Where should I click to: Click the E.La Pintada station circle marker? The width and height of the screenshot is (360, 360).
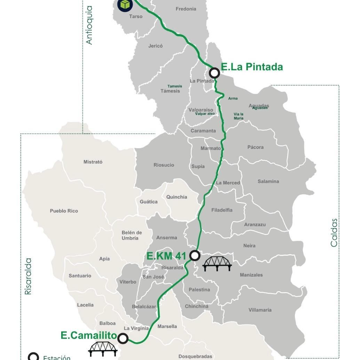[x=215, y=73]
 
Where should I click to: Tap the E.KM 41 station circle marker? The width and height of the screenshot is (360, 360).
[x=195, y=256]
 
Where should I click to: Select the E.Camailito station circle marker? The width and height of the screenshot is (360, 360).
[x=122, y=338]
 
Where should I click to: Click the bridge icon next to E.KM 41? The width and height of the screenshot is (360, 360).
[x=217, y=264]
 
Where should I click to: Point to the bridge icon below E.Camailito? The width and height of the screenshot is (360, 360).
[x=103, y=349]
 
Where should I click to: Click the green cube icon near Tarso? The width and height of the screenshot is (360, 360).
[x=125, y=4]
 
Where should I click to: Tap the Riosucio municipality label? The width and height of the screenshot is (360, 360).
[x=164, y=165]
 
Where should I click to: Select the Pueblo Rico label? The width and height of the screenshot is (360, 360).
[x=64, y=211]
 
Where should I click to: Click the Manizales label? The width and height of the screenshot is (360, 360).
[x=251, y=275]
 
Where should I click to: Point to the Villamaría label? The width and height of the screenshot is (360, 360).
[x=260, y=310]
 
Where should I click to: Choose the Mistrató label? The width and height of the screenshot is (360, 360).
[x=93, y=162]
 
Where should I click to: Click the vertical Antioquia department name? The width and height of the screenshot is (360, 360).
[x=89, y=25]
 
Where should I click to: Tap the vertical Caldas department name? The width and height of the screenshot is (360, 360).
[x=334, y=233]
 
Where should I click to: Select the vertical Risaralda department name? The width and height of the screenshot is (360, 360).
[x=28, y=276]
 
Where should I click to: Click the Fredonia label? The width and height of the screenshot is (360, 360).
[x=186, y=9]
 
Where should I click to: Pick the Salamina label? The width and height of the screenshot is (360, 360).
[x=268, y=181]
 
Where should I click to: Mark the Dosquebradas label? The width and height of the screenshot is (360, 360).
[x=195, y=356]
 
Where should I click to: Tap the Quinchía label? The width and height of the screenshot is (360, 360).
[x=177, y=197]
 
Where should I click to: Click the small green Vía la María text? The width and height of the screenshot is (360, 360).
[x=239, y=116]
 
